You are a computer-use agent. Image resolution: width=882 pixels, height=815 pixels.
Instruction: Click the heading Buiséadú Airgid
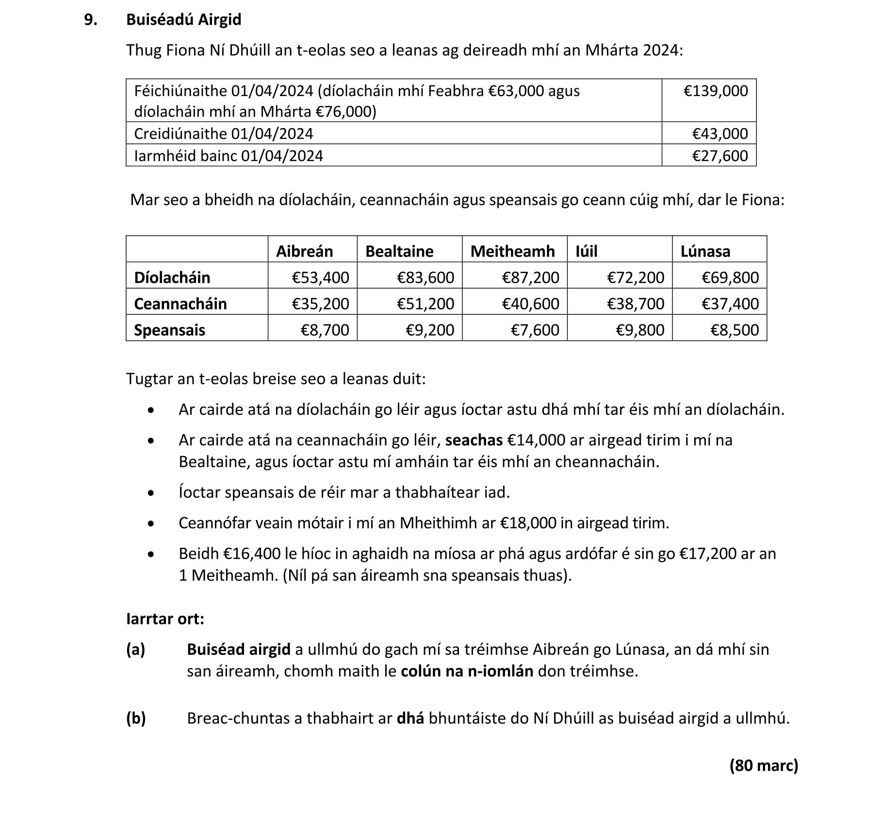click(x=183, y=20)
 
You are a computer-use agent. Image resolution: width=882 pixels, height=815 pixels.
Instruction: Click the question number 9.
click(x=90, y=20)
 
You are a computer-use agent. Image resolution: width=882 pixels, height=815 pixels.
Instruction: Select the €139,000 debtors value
click(x=716, y=91)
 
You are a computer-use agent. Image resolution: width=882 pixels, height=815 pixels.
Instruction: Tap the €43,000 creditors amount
click(x=719, y=133)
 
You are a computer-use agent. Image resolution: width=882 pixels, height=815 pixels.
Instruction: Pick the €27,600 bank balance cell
click(x=719, y=156)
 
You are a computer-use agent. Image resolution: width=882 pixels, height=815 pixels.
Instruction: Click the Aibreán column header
click(x=304, y=251)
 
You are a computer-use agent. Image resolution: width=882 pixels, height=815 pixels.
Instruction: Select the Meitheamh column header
click(x=512, y=251)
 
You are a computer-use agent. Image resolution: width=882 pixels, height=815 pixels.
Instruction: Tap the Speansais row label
click(x=169, y=330)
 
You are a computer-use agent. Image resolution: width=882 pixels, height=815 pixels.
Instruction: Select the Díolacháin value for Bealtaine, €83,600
click(x=425, y=277)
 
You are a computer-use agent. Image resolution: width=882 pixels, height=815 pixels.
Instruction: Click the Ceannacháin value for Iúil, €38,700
click(x=636, y=304)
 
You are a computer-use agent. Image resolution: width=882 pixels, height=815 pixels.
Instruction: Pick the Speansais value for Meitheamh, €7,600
click(x=535, y=330)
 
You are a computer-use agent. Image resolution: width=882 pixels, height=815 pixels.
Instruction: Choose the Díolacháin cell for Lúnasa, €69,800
click(x=730, y=277)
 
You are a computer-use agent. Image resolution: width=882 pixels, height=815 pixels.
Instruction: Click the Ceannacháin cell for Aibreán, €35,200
click(x=320, y=304)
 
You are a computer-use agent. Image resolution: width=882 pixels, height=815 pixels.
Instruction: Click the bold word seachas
click(x=474, y=440)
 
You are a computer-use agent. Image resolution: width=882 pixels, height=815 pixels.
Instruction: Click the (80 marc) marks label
click(x=764, y=765)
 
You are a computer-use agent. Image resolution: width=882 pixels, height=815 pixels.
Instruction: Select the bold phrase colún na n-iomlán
click(x=467, y=671)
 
